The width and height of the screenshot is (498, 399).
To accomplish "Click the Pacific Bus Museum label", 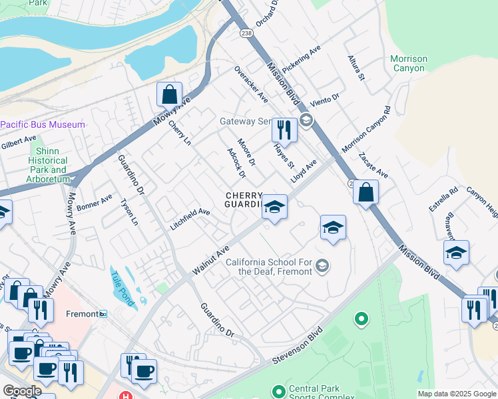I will (x=43, y=124).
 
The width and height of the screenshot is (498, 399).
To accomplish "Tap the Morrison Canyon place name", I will (x=408, y=64).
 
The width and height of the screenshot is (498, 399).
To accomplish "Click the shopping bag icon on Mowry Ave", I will (x=169, y=94).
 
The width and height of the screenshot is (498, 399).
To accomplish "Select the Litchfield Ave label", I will (x=190, y=218).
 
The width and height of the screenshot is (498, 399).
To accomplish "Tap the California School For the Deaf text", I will (x=269, y=267).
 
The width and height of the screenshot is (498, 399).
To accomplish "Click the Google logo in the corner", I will (x=22, y=391).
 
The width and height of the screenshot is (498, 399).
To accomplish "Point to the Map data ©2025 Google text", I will (x=457, y=394).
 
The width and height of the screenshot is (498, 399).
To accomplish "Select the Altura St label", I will (x=356, y=68).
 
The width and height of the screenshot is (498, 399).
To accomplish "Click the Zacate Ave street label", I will (x=373, y=165).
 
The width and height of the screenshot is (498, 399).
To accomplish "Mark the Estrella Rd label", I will (x=443, y=199).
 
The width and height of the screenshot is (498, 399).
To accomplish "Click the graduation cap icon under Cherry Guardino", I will (x=274, y=207).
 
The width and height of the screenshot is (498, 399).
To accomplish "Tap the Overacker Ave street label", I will (x=250, y=84).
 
